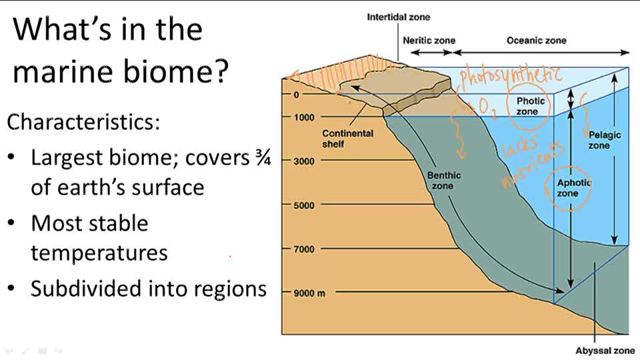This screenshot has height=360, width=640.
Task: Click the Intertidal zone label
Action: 399,17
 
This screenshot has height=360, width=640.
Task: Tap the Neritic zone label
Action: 429,40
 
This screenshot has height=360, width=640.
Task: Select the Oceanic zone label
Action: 536,40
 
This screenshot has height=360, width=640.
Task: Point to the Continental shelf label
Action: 347,138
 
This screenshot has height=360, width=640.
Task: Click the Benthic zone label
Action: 443,181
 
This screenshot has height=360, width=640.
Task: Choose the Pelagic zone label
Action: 604,140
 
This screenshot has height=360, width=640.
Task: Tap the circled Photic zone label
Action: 530,106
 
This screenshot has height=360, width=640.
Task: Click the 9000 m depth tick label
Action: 309,293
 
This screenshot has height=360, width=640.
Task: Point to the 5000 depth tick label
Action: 304,205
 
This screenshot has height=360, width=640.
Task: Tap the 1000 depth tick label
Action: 304,117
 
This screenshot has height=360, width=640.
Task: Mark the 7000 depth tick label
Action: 304,249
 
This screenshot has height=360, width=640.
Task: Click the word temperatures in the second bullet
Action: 99,253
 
